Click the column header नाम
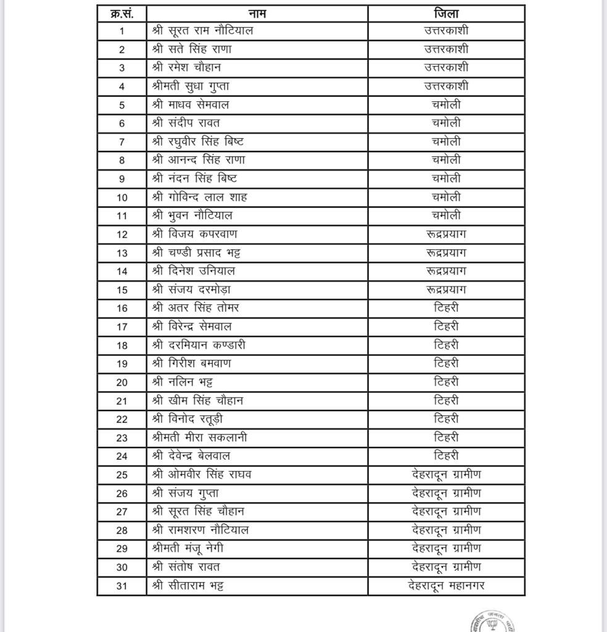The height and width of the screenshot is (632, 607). click(x=257, y=14)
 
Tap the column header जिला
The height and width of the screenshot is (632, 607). click(x=446, y=14)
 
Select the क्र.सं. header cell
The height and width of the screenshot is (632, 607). click(x=122, y=14)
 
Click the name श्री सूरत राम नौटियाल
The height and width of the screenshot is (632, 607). click(x=202, y=30)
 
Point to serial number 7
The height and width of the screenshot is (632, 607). click(x=122, y=141)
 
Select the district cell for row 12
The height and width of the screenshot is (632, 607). click(x=446, y=234)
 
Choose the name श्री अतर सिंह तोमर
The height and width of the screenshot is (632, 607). click(x=196, y=307)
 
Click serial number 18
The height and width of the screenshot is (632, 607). click(x=122, y=345)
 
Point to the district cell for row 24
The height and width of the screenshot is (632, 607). click(x=446, y=456)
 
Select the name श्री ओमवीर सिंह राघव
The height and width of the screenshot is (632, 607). click(x=202, y=475)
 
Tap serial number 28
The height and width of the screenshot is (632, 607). click(x=122, y=530)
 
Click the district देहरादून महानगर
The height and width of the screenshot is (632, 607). click(x=446, y=586)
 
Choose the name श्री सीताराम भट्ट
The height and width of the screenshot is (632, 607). click(x=188, y=586)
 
